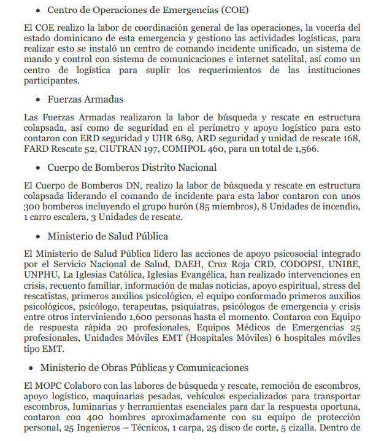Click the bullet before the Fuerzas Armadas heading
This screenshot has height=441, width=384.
38,99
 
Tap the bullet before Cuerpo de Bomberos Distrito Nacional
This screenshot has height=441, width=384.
38,167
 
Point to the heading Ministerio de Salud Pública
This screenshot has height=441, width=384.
107,236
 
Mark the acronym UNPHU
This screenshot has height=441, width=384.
40,275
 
